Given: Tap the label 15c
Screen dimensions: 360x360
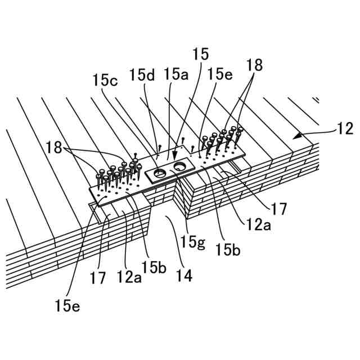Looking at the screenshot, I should click(x=105, y=80).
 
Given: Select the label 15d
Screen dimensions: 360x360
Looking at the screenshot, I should click(x=142, y=74).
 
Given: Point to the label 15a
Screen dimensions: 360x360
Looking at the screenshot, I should click(x=176, y=74).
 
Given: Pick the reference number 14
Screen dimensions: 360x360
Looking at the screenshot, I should click(x=183, y=276).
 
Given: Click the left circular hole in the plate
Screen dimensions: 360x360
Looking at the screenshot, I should click(x=160, y=173).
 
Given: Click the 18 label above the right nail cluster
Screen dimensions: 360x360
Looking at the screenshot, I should click(x=254, y=65).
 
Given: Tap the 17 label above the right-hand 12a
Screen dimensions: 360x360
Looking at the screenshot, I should click(x=278, y=209).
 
